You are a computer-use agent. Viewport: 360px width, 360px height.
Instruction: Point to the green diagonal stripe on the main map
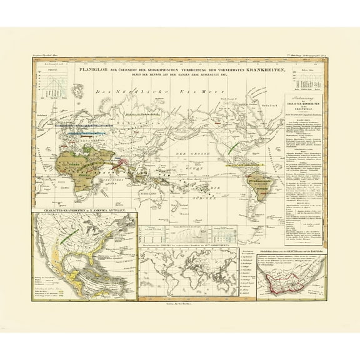232,148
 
